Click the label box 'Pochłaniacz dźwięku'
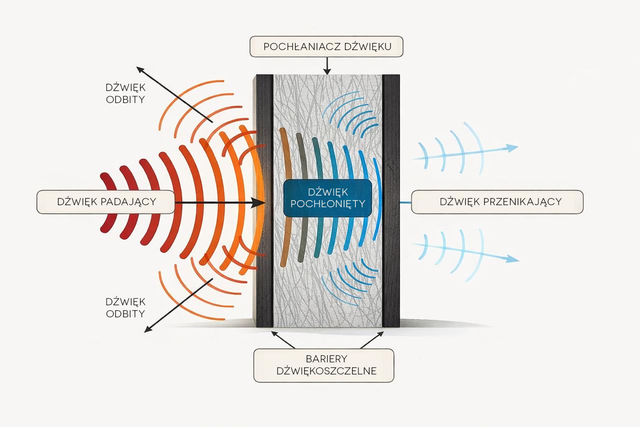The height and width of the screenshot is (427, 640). coord(326,47)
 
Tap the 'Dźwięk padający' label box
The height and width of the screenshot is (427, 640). coord(106,202)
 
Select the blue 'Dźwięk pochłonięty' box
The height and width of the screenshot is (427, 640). coord(327,198)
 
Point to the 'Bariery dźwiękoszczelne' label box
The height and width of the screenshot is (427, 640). coord(323,365)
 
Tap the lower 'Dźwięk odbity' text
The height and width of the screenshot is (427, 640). coord(125,308)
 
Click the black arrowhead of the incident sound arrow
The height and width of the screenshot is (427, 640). coord(259,202)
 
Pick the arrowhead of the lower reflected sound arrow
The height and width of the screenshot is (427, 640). coord(147,329)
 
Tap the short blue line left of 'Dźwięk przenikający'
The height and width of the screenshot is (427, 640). coord(405,202)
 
